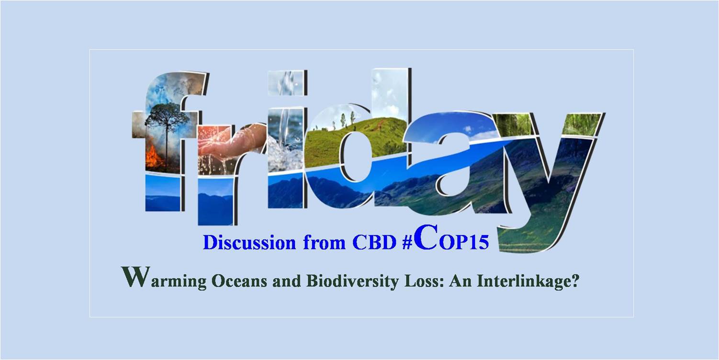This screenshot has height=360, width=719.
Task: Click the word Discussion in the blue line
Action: (x=249, y=242)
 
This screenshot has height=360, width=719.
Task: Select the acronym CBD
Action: (x=374, y=242)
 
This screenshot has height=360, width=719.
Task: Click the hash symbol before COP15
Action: (x=407, y=243)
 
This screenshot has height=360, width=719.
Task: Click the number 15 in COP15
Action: (x=479, y=242)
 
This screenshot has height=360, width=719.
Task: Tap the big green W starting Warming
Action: (x=135, y=276)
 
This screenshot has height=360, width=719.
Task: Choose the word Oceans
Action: (x=239, y=281)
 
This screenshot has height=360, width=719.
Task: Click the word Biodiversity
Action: (x=352, y=281)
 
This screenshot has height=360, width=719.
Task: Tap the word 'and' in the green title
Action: (x=287, y=281)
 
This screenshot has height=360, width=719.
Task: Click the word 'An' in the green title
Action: (x=461, y=281)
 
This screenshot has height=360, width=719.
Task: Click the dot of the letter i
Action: (x=286, y=83)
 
